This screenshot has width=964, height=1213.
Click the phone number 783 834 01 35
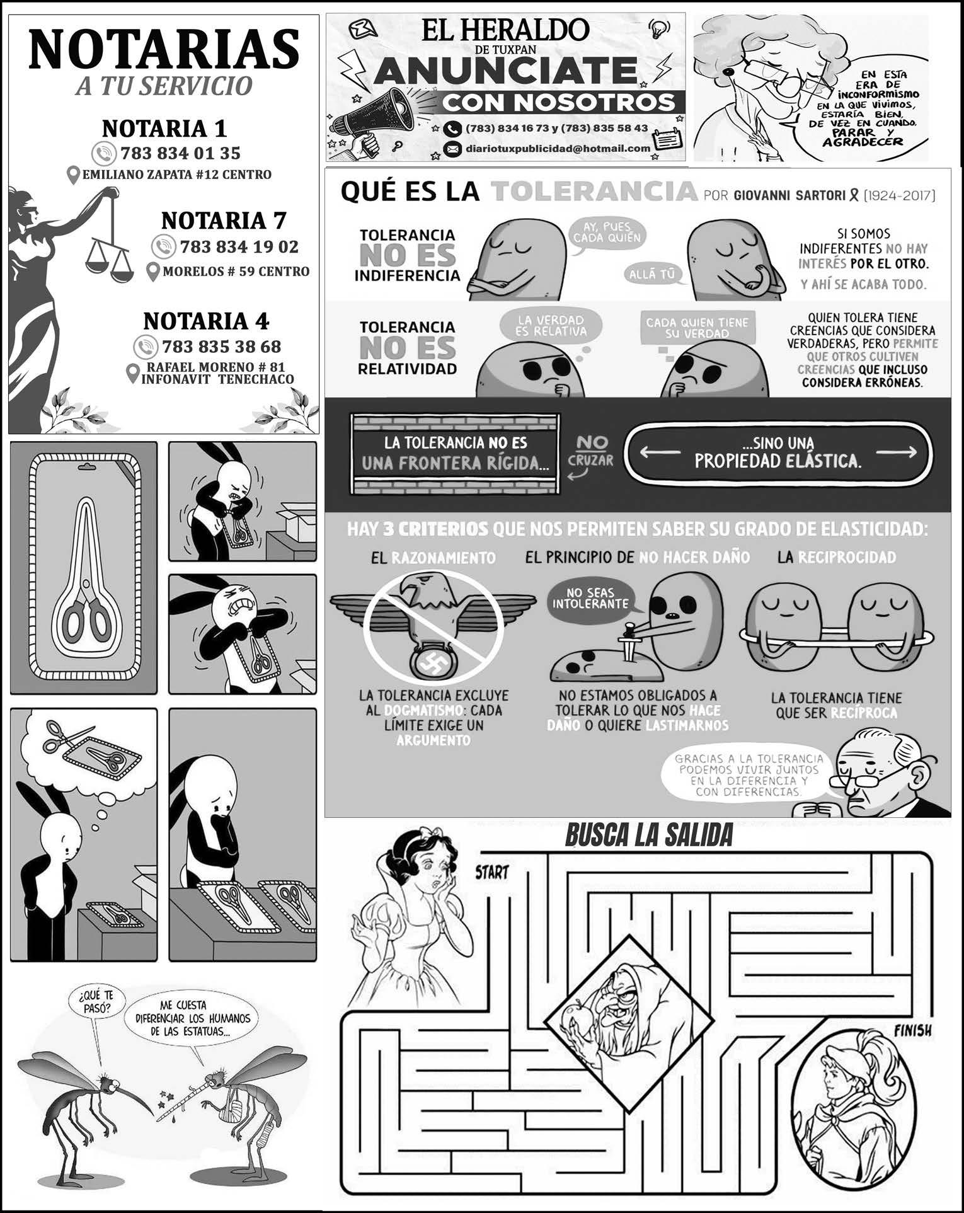coord(180,153)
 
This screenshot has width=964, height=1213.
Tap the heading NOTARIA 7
coord(224,221)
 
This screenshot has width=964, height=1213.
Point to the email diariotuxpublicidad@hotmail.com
coord(558,149)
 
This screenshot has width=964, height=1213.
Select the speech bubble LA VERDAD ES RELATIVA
coord(550,325)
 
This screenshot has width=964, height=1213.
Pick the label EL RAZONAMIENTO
coord(433,558)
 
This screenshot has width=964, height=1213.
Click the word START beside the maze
coord(491,873)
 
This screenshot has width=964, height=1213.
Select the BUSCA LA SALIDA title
coord(648,836)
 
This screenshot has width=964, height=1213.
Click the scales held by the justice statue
coord(110,260)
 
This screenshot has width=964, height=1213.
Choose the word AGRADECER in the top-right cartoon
coord(863,142)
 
